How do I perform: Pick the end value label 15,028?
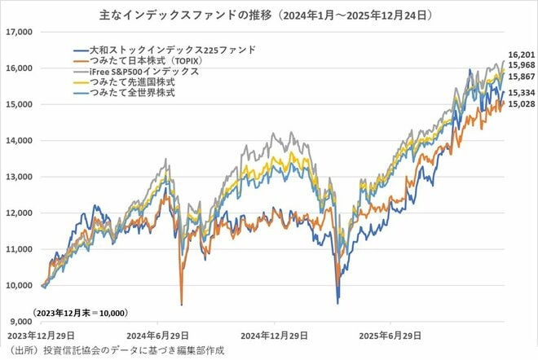pyautogui.click(x=520, y=104)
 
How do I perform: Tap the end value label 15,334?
pyautogui.click(x=520, y=93)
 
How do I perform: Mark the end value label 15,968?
pyautogui.click(x=520, y=64)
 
